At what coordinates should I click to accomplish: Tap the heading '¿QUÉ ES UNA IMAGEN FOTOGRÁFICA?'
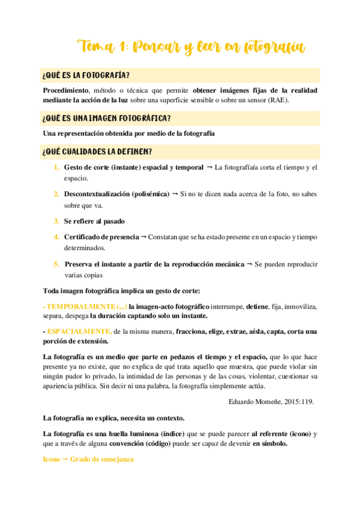coord(107,118)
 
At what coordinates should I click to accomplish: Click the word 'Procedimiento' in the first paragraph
coord(65,90)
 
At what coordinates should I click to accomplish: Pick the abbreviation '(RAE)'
coord(279,100)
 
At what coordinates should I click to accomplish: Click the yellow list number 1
coord(56,167)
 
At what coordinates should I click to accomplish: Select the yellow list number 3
coord(56,221)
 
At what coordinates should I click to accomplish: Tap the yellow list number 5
coord(56,264)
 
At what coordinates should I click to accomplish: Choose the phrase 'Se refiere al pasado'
coord(94,221)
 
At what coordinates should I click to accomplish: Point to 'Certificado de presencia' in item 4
coord(101,237)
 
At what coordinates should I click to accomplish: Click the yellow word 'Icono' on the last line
coord(52,459)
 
